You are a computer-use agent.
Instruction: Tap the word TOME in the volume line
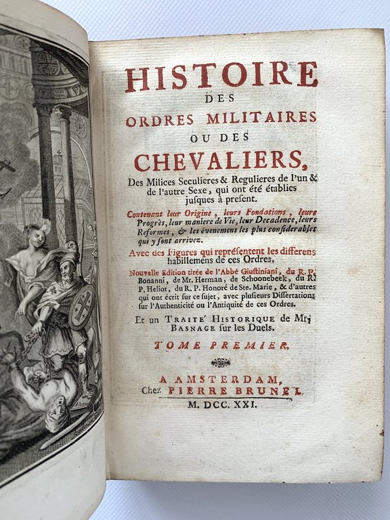[x=177, y=345]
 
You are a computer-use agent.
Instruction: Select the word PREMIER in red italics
[x=245, y=345]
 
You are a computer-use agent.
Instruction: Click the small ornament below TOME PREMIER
[x=221, y=362]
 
